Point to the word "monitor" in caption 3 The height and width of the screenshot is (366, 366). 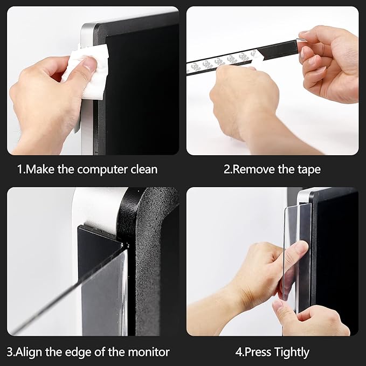pyautogui.click(x=150, y=352)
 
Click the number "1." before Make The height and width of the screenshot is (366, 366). pyautogui.click(x=22, y=169)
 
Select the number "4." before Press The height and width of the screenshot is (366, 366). pyautogui.click(x=240, y=352)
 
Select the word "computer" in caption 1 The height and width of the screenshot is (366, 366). pyautogui.click(x=102, y=169)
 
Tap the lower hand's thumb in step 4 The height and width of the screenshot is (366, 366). pyautogui.click(x=280, y=310)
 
